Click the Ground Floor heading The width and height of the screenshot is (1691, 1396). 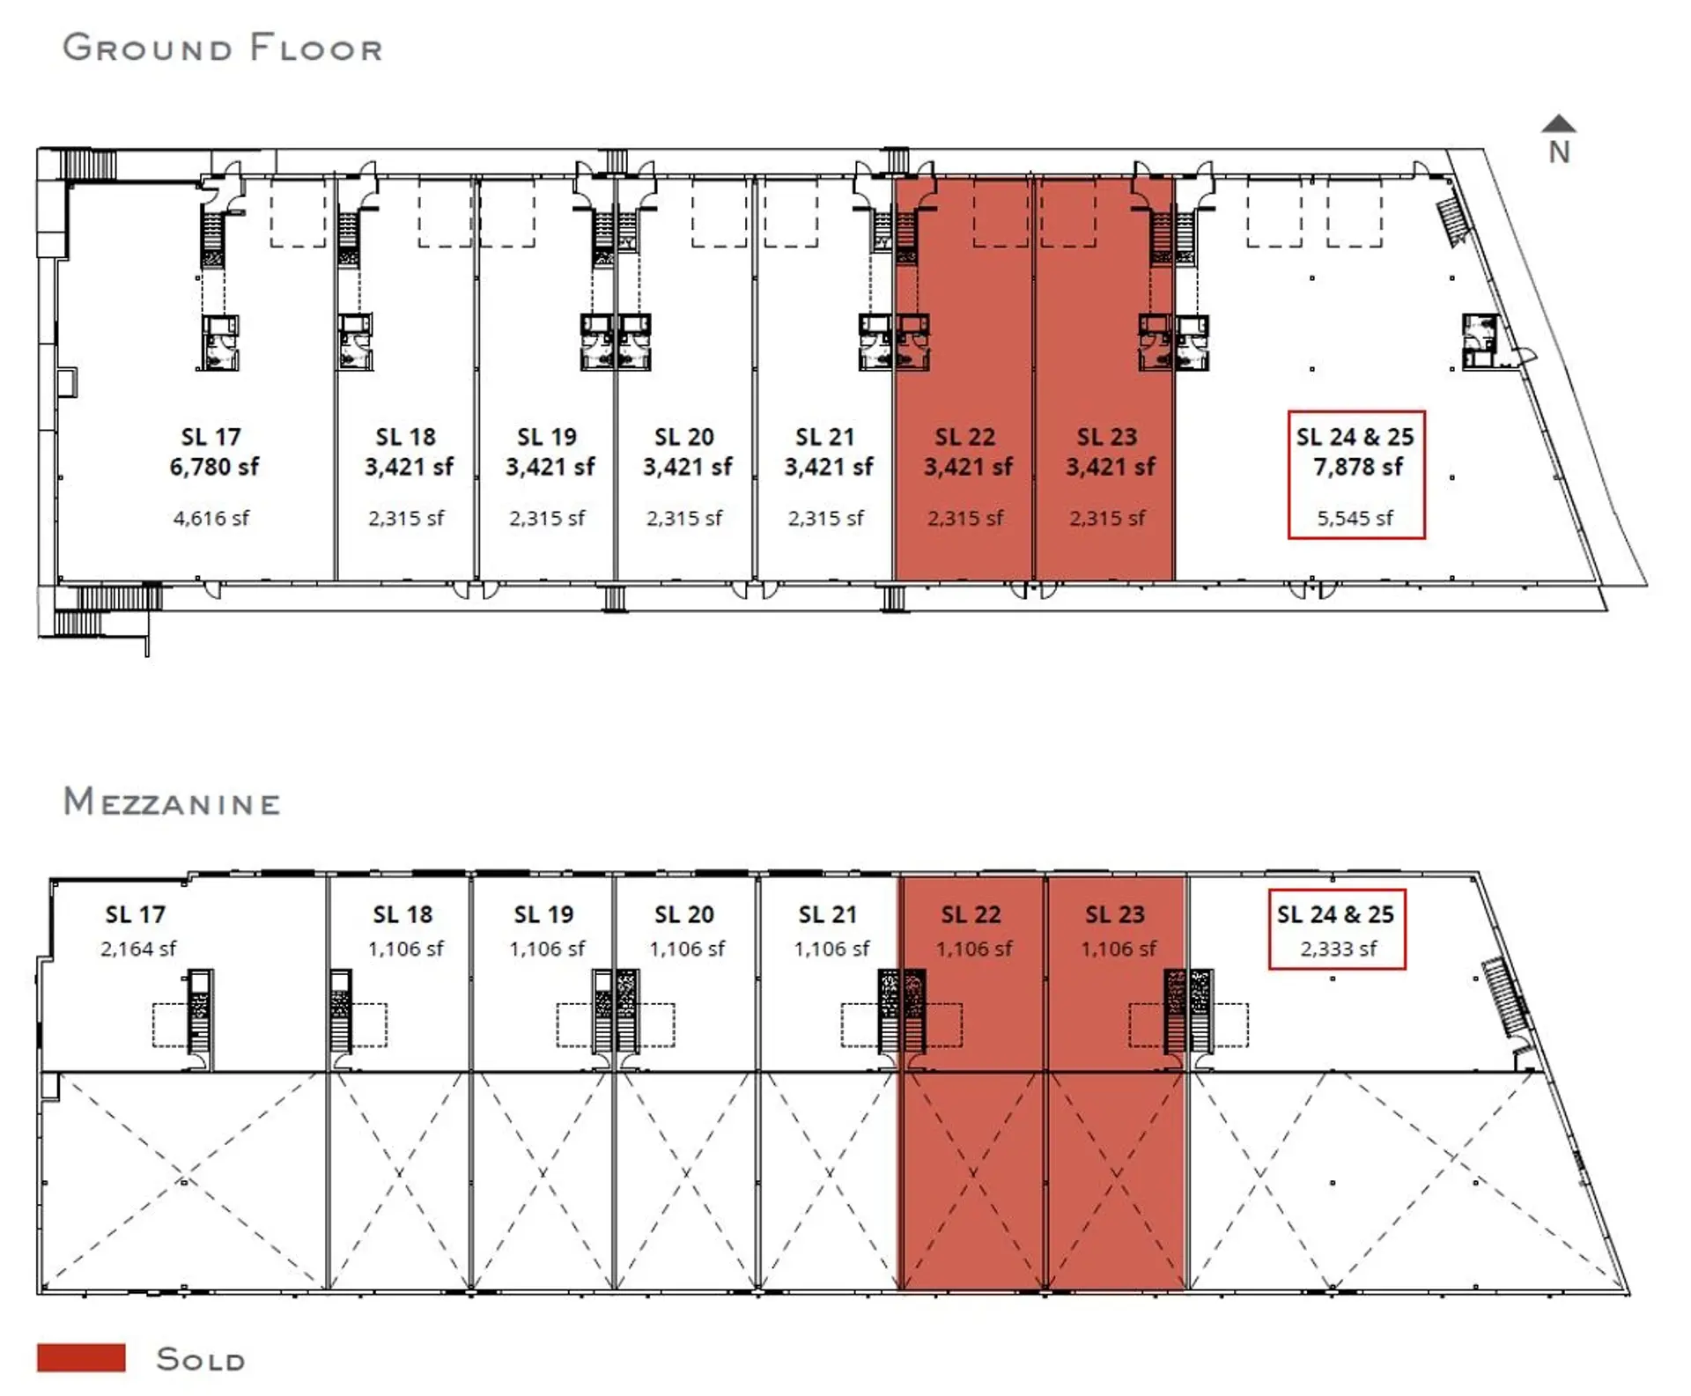tap(223, 48)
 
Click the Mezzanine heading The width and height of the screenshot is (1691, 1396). tap(172, 802)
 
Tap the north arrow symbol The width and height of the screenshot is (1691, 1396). tap(1559, 139)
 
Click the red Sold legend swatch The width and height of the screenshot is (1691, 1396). tap(81, 1357)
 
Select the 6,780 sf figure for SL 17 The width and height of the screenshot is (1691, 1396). tap(214, 467)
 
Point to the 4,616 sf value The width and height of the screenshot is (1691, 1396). tap(211, 518)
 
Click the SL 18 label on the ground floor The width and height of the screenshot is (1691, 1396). tap(406, 437)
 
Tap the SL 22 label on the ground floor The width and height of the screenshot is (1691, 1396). tap(965, 437)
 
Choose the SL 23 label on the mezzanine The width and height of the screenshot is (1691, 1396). tap(1115, 914)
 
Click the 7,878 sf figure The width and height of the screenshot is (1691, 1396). tap(1357, 467)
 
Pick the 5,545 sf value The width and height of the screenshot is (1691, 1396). tap(1355, 518)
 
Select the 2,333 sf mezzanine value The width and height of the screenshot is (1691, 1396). tap(1339, 949)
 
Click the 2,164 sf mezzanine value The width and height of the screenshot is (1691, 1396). tap(138, 949)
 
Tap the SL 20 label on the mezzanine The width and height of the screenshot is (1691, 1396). tap(684, 914)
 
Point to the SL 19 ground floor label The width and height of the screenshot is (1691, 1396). tap(547, 437)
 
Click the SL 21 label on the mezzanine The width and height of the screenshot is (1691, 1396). tap(828, 914)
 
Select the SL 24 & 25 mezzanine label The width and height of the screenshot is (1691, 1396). tap(1335, 914)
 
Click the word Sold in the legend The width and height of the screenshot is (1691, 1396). tap(201, 1359)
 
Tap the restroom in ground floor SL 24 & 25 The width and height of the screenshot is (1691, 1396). tap(1480, 341)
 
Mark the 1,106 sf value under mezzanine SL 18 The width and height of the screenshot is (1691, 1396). tap(406, 949)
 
